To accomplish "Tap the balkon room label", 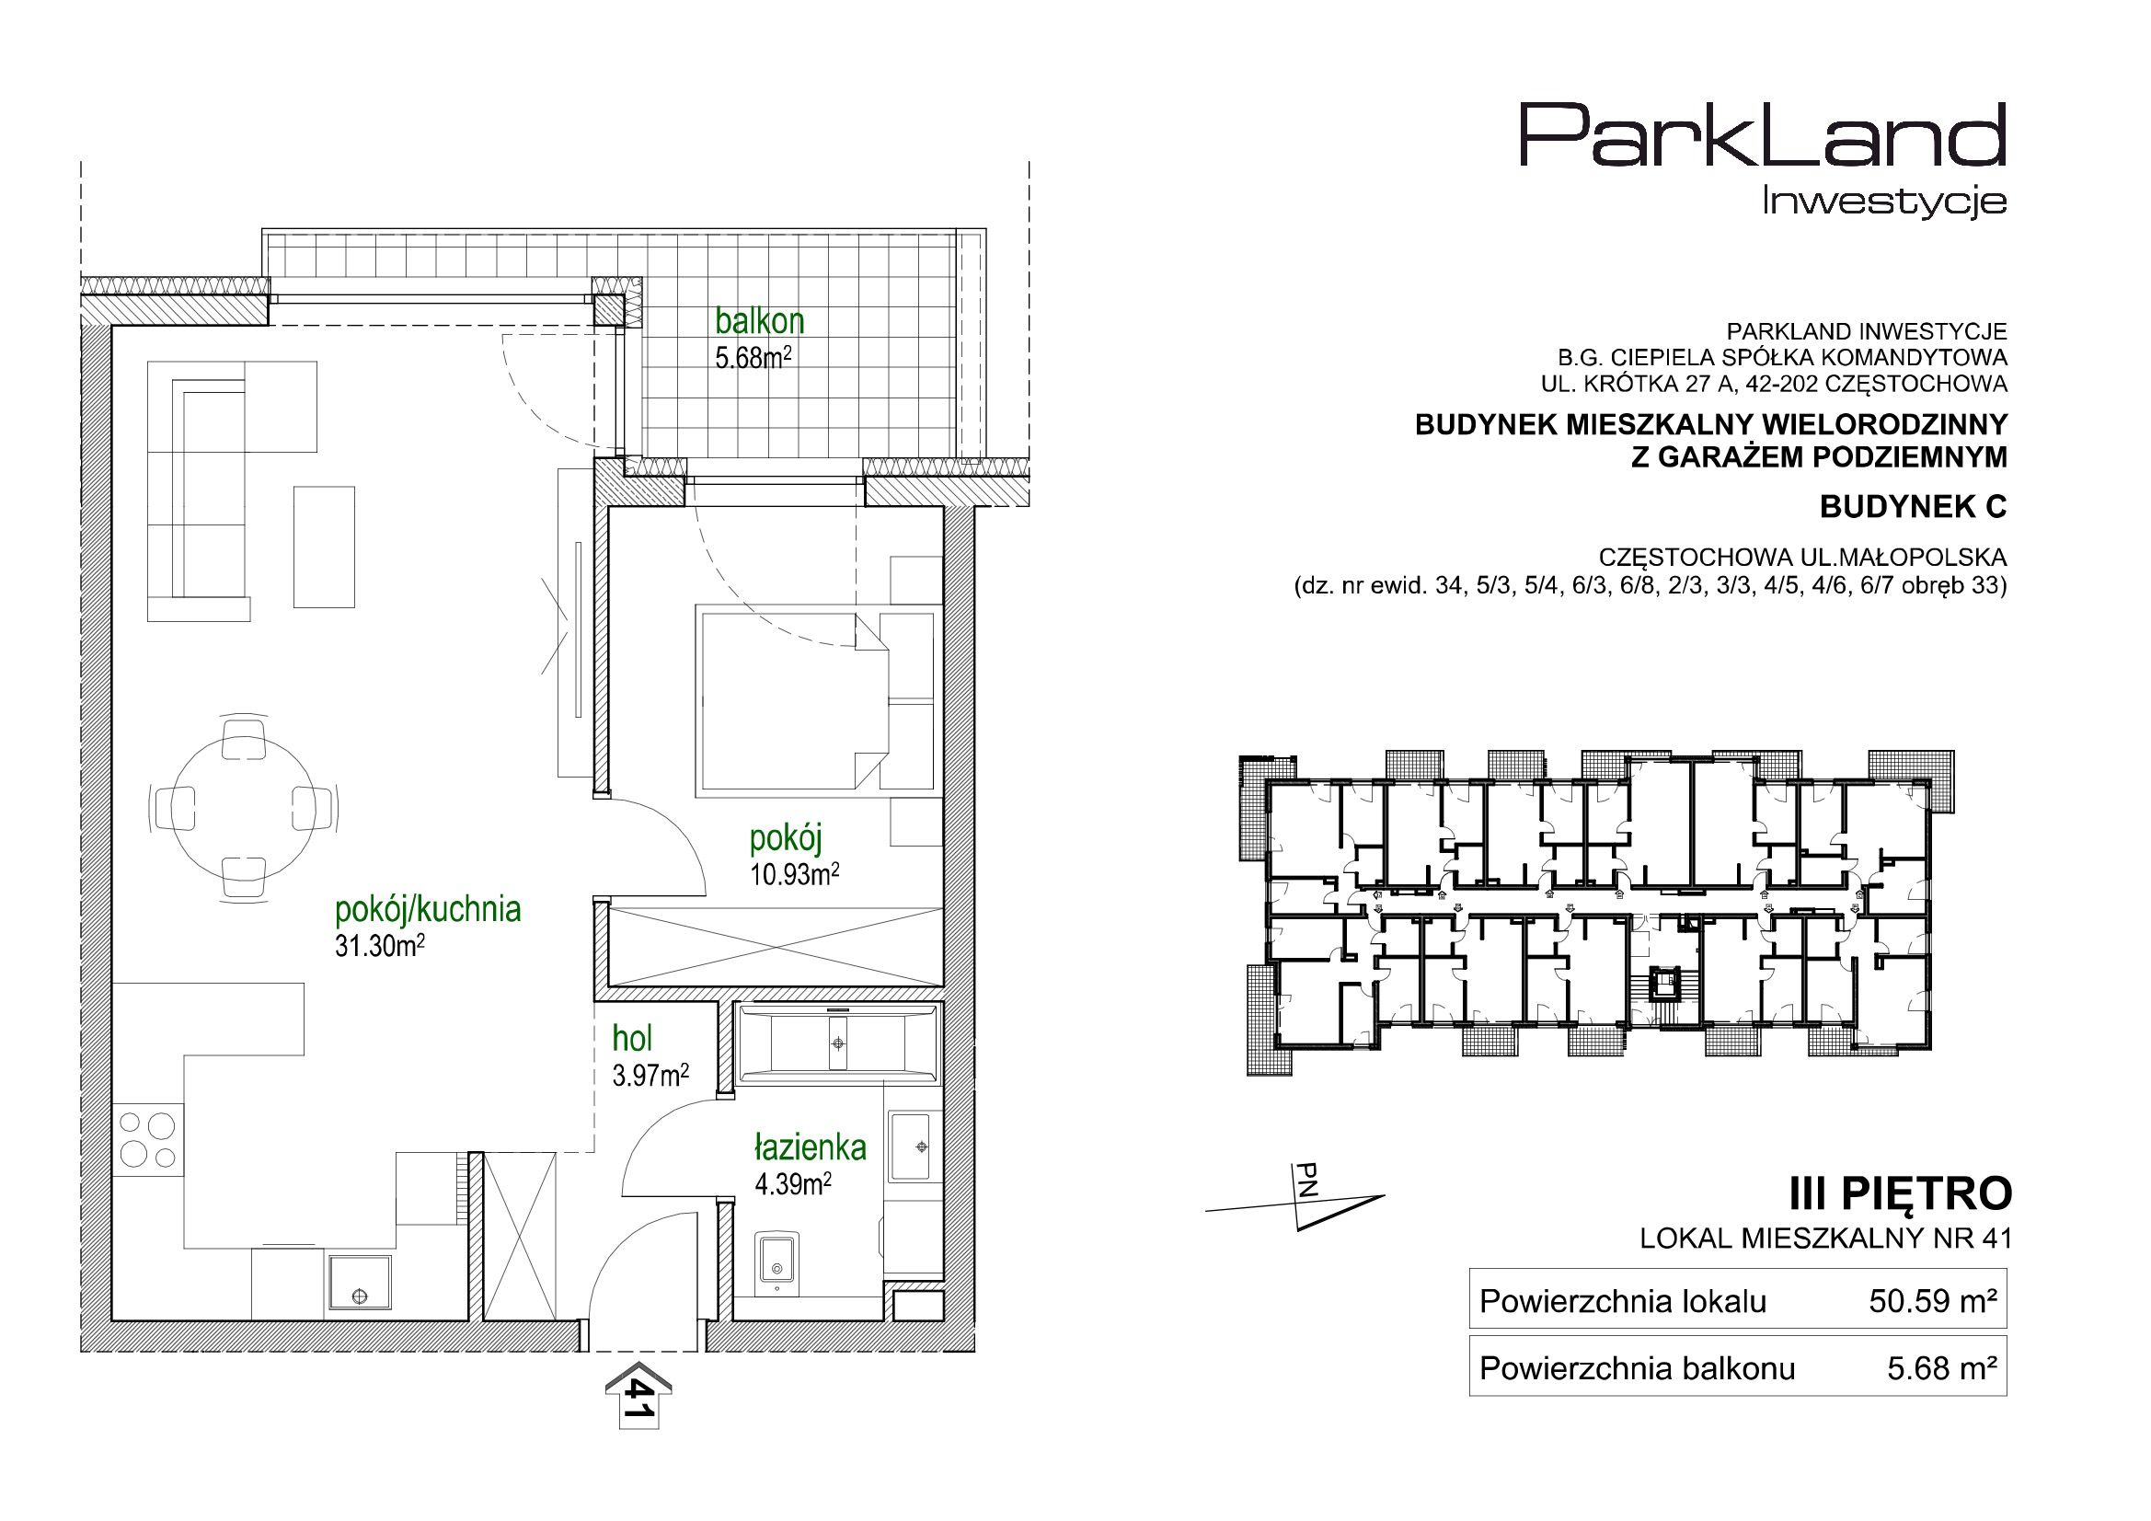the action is click(x=760, y=321).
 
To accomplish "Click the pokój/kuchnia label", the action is click(x=428, y=909).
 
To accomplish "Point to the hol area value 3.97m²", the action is click(x=651, y=1076).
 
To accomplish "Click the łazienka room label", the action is click(x=811, y=1147).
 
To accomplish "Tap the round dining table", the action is click(x=244, y=807).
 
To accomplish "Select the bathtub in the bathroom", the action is click(x=837, y=1044).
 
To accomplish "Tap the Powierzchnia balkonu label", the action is click(x=1637, y=1369).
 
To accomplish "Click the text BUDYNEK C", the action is click(x=1913, y=507).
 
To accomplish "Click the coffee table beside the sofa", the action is click(x=324, y=547).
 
